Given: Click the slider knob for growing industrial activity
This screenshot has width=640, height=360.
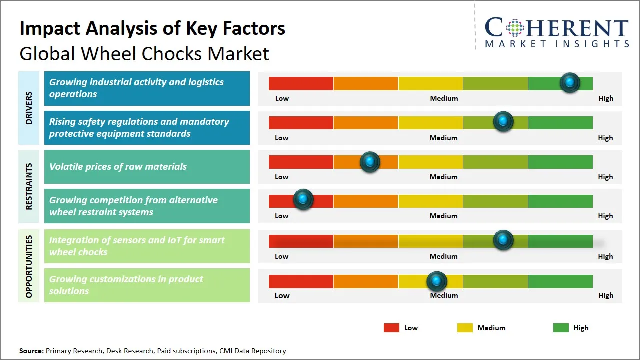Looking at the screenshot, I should point(570,83).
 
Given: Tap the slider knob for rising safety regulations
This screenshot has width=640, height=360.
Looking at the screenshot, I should point(503,121).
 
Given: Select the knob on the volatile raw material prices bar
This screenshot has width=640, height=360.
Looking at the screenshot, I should point(370,162).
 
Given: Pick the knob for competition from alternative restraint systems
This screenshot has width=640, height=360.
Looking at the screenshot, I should point(303,200).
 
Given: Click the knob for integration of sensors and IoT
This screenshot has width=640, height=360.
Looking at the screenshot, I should point(503,240).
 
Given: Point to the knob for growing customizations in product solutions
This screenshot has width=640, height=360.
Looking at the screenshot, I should point(437,282).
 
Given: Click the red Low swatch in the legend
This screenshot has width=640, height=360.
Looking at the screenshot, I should point(391,328).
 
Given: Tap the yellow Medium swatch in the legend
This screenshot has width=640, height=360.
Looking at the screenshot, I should point(465,328).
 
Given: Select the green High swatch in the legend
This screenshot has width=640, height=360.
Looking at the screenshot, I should point(561,328).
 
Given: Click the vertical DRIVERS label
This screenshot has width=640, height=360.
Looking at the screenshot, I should point(29,108).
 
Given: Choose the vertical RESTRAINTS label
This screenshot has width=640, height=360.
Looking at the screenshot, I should point(29,186).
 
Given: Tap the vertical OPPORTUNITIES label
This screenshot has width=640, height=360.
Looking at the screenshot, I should point(29,266).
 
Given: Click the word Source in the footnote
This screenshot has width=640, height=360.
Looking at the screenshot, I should point(31,351).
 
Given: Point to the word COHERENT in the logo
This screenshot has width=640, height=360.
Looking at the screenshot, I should point(557,28).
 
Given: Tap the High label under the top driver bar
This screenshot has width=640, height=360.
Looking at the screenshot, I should point(606,98).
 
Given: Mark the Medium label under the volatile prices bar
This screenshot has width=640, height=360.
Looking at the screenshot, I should point(444,177).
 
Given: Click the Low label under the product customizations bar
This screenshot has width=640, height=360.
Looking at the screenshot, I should point(282,295).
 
